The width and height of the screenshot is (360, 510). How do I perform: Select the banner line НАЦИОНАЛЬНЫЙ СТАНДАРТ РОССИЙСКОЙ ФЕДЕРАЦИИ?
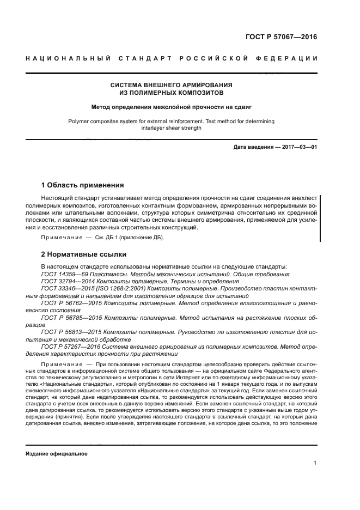(172, 59)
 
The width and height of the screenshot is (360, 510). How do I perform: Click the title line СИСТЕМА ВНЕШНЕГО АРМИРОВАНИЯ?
(172, 85)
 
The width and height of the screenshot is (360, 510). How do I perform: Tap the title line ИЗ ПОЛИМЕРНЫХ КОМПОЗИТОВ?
(172, 93)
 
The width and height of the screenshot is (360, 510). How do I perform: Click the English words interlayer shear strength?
(172, 128)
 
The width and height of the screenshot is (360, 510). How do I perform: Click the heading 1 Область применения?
(83, 185)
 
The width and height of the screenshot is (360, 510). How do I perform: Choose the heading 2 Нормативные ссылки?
(84, 254)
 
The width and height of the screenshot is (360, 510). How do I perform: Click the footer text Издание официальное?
(57, 453)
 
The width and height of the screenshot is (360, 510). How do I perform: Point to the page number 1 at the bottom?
(315, 463)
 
